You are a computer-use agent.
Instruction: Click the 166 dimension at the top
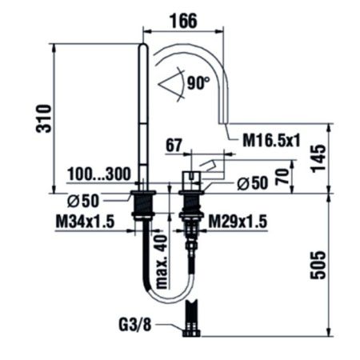[184, 20]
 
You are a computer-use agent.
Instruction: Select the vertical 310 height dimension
[44, 118]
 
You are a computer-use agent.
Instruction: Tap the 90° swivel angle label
[198, 82]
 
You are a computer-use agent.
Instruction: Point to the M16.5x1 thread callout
[271, 140]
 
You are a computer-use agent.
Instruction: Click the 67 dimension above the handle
[174, 146]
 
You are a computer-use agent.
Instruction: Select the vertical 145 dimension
[318, 158]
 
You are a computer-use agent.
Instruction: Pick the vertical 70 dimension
[282, 177]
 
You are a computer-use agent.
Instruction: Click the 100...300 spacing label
[99, 174]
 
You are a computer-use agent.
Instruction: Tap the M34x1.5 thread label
[85, 222]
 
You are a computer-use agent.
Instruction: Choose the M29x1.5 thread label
[238, 222]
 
